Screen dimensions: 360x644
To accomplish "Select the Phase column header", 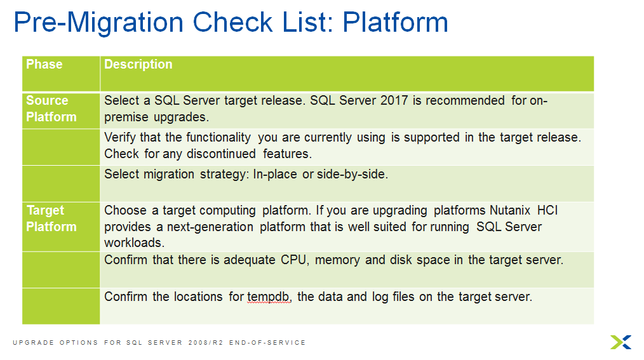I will [x=44, y=65].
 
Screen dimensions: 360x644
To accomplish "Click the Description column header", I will [x=138, y=65].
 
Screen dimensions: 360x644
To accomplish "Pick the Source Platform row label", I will [x=50, y=109].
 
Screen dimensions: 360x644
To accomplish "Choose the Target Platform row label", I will [x=50, y=218].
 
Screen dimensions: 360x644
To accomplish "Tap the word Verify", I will [x=121, y=137].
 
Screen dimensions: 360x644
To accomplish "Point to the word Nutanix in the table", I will [x=511, y=211].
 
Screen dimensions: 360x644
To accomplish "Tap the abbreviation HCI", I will [x=548, y=211].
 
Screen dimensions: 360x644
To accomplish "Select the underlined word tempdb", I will [x=269, y=297].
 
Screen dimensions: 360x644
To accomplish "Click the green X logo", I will [x=621, y=342].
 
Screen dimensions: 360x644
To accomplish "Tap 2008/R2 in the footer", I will [x=203, y=343].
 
